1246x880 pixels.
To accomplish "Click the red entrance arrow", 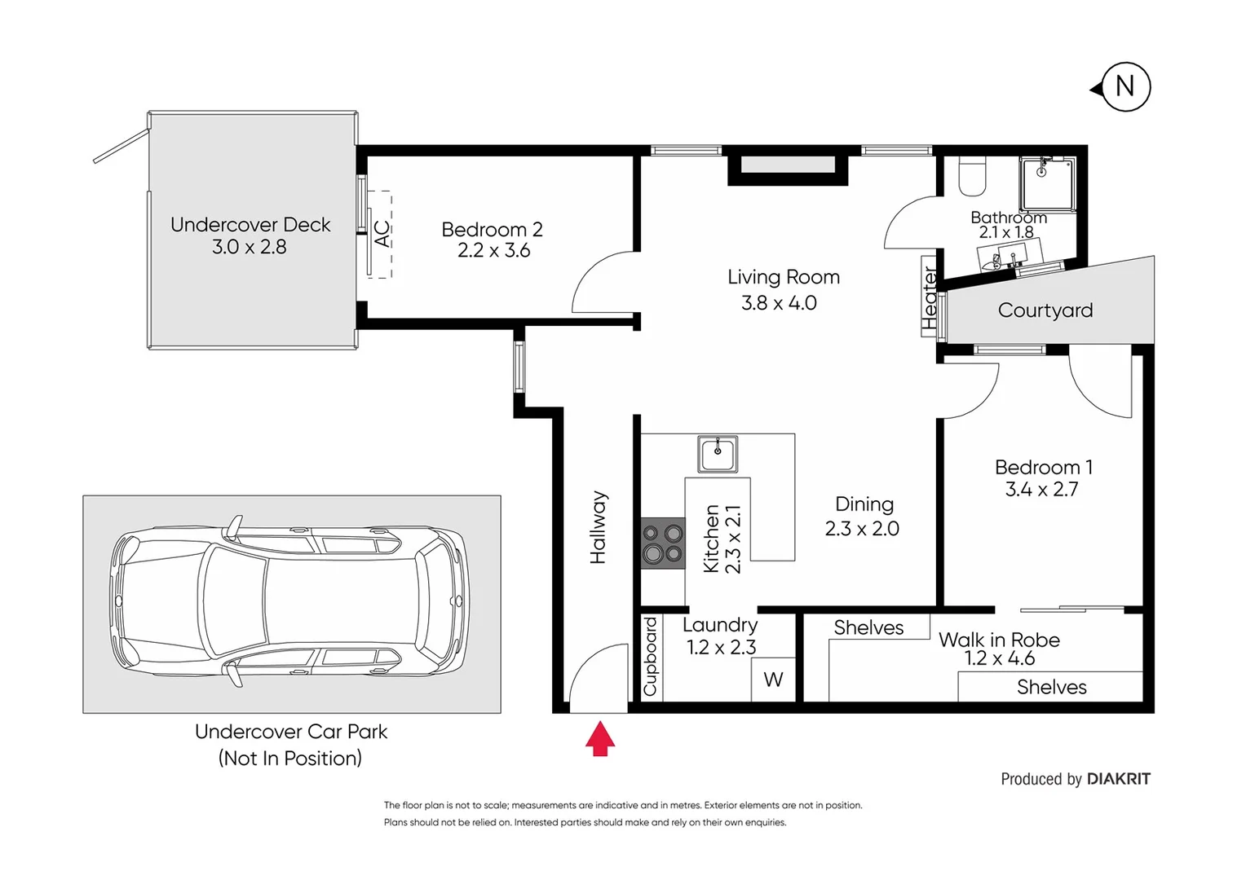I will pyautogui.click(x=600, y=738).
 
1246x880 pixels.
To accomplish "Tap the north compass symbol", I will pyautogui.click(x=1124, y=86).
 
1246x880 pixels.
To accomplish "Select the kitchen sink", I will pyautogui.click(x=718, y=453).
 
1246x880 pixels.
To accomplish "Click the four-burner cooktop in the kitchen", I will pyautogui.click(x=662, y=543).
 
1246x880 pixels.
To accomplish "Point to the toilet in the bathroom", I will pyautogui.click(x=972, y=177).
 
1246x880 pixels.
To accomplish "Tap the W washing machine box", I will pyautogui.click(x=773, y=680).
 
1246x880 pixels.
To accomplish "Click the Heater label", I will pyautogui.click(x=930, y=298).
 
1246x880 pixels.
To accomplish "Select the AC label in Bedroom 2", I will pyautogui.click(x=382, y=234).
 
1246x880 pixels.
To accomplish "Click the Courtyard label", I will pyautogui.click(x=1045, y=310).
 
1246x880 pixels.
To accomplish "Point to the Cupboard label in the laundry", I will pyautogui.click(x=650, y=657).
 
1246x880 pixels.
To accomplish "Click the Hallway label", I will pyautogui.click(x=599, y=527).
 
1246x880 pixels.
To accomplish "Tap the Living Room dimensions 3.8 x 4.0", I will pyautogui.click(x=779, y=303).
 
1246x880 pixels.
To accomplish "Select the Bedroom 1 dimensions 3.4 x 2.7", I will pyautogui.click(x=1041, y=490).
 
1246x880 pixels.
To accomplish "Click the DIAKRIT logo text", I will pyautogui.click(x=1118, y=779).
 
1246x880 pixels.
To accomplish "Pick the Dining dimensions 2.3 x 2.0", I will pyautogui.click(x=862, y=529).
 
